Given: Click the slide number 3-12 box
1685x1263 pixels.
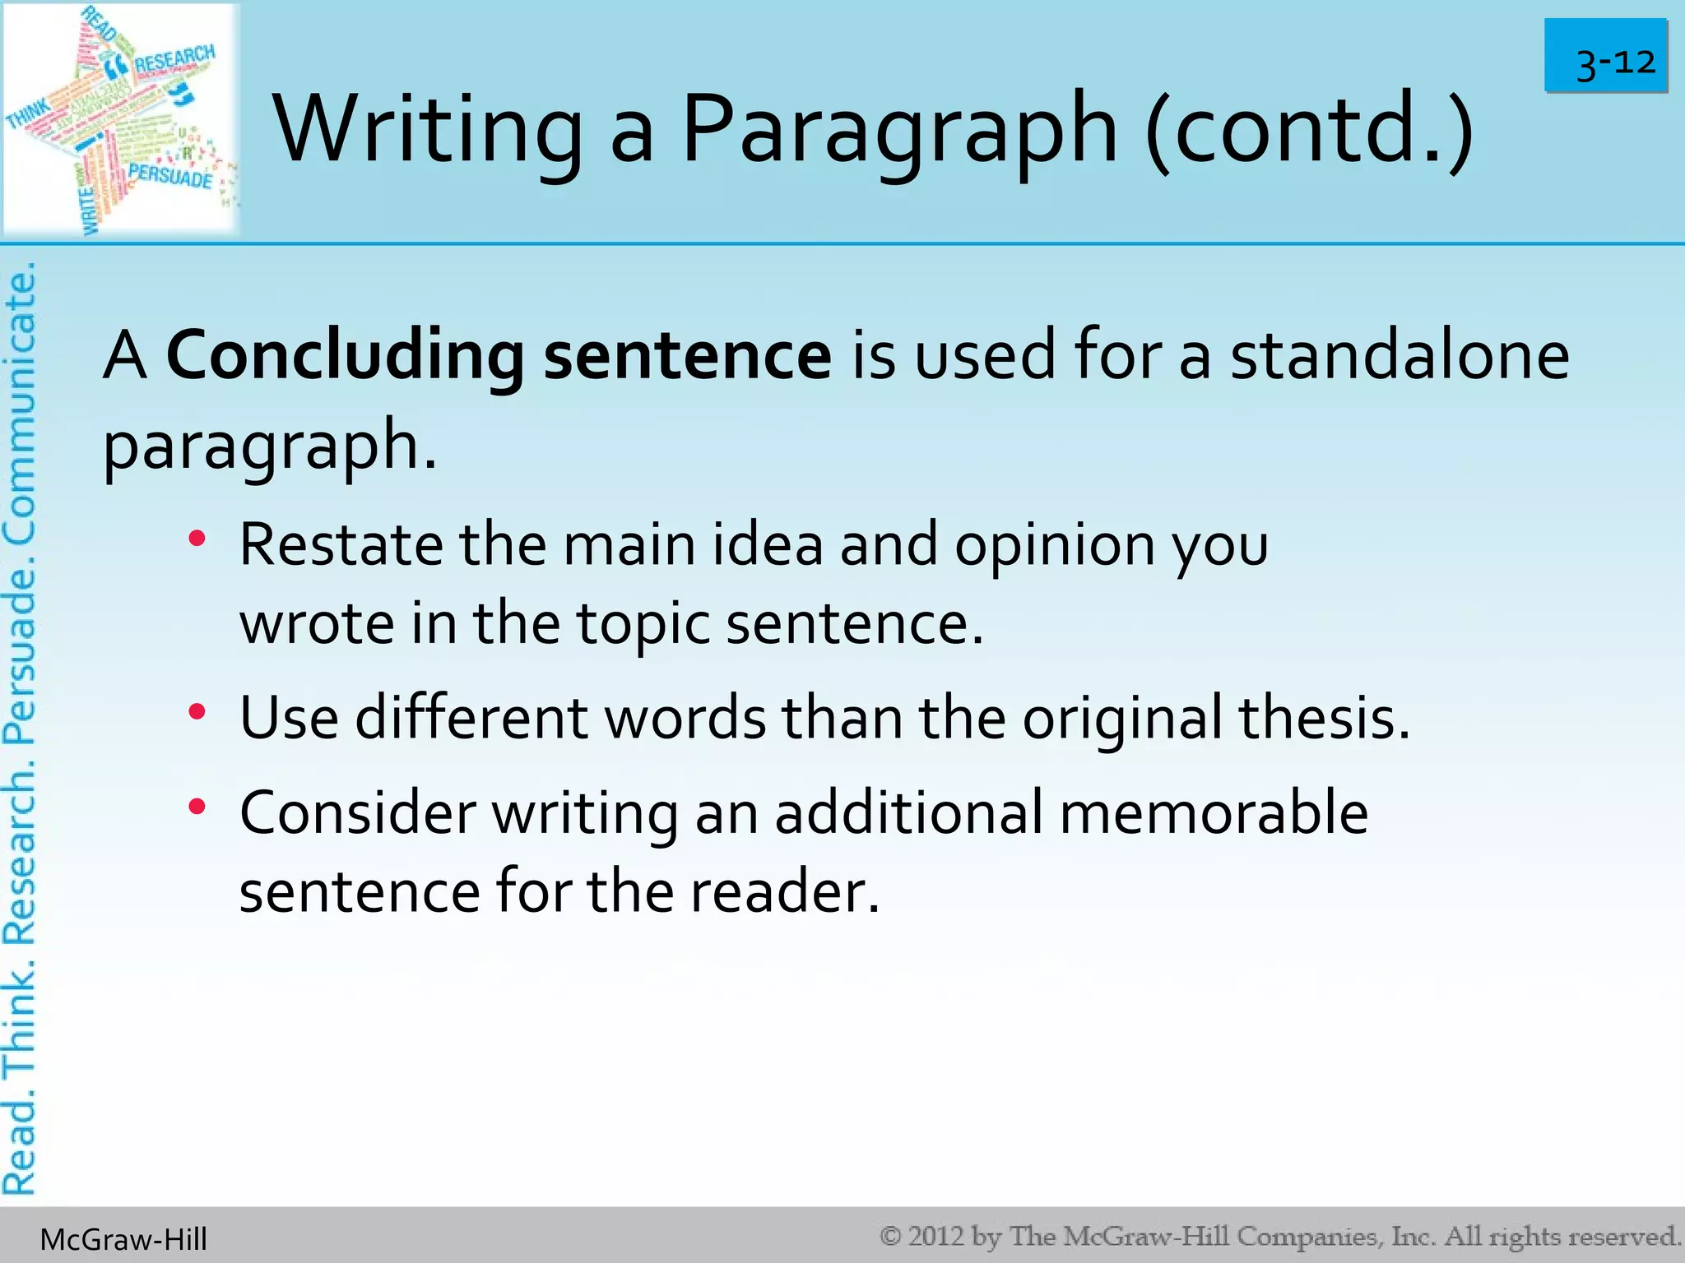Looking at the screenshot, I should coord(1605,56).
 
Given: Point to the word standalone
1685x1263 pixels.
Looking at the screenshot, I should coord(1399,355).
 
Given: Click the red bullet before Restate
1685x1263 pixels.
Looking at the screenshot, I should coord(196,540).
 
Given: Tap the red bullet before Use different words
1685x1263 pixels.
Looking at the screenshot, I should coord(196,712).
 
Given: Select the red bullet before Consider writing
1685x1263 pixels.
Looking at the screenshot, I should coord(196,807).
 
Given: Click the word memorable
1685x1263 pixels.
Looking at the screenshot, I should coord(1214,812).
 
